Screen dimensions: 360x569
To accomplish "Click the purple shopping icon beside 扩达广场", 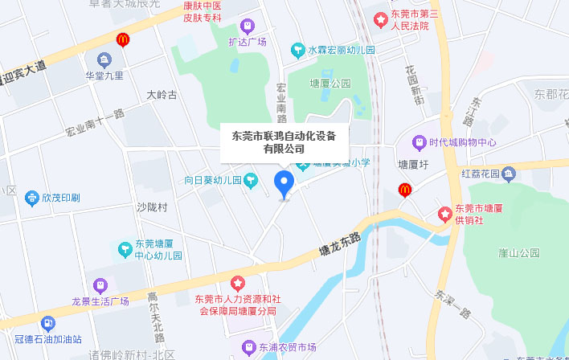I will pos(247,27).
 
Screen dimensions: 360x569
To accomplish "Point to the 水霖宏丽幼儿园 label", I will pos(342,50).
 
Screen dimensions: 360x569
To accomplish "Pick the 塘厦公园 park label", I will pos(330,83).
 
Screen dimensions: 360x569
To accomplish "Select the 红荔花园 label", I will pos(481,174).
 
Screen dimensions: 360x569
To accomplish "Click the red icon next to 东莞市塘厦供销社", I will pos(443,214).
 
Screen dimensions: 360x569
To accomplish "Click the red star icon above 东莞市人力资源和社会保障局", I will pos(237,283).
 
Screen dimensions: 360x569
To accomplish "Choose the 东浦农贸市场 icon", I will pos(248,347).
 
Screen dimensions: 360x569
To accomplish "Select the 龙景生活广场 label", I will pos(100,301).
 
